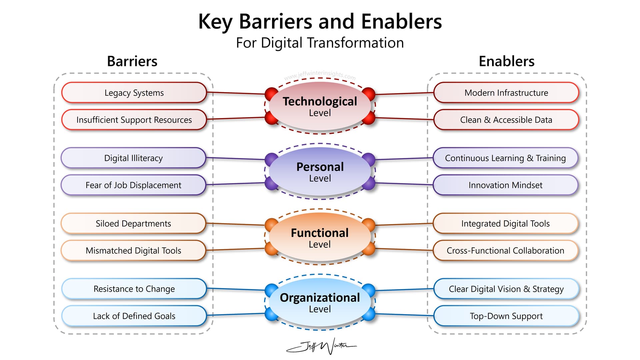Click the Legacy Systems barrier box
click(134, 93)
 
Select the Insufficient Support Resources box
click(134, 120)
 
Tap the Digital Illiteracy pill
click(133, 158)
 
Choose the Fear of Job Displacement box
click(133, 185)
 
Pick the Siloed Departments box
click(133, 223)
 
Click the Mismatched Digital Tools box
click(133, 250)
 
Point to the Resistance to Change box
click(134, 289)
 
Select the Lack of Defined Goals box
click(134, 316)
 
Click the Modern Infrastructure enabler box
click(506, 93)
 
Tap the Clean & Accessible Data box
click(506, 120)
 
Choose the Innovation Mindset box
click(505, 185)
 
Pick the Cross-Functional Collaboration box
click(505, 250)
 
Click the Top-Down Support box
click(506, 316)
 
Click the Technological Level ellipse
click(320, 106)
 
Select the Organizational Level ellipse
click(320, 302)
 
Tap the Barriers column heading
click(132, 61)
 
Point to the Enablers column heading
click(506, 61)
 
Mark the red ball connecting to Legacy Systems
click(271, 94)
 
